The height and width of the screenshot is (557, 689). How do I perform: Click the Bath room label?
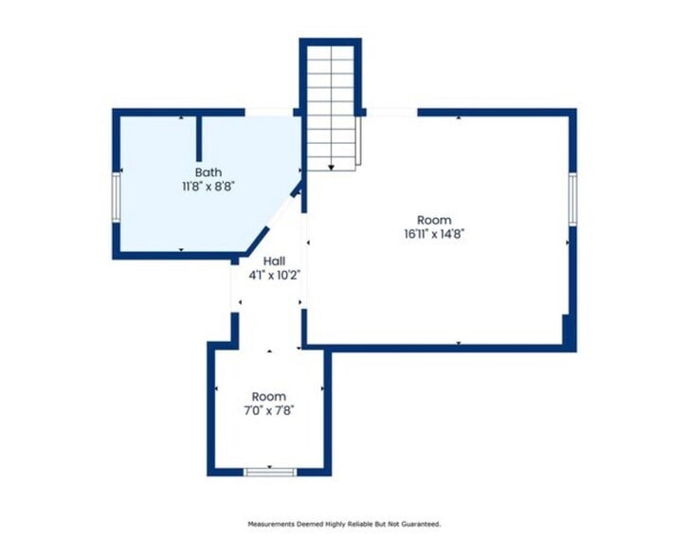coord(209,172)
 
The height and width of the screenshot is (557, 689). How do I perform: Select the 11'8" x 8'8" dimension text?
coord(209,187)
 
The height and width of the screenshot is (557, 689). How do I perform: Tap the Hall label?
coord(274,261)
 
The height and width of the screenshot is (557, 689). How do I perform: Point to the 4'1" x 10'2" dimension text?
coord(275,276)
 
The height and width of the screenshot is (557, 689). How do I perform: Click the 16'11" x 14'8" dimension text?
coord(434,234)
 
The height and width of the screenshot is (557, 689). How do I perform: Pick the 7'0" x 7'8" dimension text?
coord(269,411)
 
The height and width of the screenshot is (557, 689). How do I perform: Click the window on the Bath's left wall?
coord(116,196)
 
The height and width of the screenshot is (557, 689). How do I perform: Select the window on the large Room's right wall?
coord(572,200)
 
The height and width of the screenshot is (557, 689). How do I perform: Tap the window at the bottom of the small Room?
coord(270,473)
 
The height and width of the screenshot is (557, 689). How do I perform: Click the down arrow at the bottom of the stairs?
coord(332,168)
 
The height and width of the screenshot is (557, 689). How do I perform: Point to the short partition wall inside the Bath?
coord(199,138)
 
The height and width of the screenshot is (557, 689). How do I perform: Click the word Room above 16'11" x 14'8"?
coord(434,220)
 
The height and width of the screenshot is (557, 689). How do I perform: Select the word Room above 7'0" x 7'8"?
coord(269,397)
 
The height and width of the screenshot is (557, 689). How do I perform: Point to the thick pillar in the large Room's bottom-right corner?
coord(569,332)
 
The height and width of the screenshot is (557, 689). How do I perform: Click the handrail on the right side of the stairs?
coord(358,141)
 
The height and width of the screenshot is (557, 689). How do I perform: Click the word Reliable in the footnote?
coord(360,524)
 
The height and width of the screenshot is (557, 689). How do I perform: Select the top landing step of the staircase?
coord(331,52)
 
